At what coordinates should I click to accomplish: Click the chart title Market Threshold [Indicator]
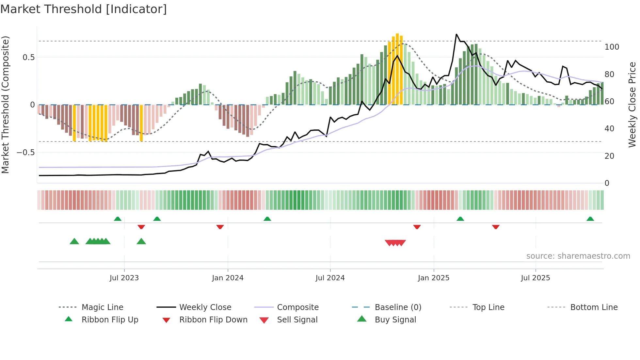point(84,9)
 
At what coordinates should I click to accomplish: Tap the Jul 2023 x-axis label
point(124,278)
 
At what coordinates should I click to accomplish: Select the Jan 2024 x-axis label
point(228,278)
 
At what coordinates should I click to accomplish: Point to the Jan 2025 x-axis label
point(434,278)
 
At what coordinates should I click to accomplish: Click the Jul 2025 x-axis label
point(536,278)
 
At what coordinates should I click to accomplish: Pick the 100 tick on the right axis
point(612,47)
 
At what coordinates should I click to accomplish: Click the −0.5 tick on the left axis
point(25,153)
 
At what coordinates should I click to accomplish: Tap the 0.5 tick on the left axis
point(28,57)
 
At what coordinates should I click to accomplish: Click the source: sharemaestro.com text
point(578,256)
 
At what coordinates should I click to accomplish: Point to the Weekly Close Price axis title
point(632,105)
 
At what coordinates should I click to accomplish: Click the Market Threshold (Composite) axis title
point(5,105)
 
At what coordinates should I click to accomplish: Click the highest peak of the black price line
point(456,34)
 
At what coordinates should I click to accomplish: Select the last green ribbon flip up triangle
point(590,219)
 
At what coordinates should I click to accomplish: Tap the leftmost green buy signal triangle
point(74,241)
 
